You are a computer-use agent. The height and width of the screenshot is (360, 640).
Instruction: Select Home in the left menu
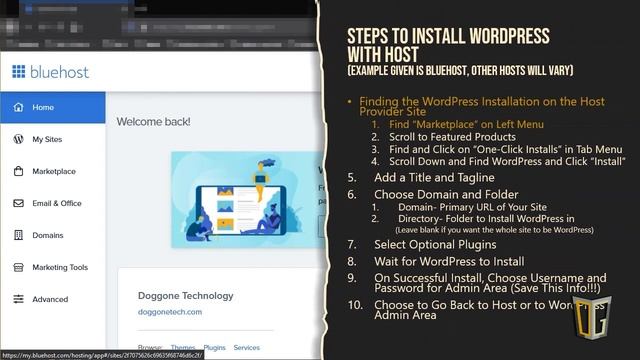pos(43,107)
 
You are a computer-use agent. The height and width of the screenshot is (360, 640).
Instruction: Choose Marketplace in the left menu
pos(54,171)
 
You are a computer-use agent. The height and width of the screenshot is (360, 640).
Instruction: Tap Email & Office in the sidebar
pos(57,203)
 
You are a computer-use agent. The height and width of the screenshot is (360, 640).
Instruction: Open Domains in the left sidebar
pos(48,235)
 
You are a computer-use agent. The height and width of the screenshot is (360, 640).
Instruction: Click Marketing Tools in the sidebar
pos(60,267)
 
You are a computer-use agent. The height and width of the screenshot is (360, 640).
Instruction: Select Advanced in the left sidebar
pos(50,299)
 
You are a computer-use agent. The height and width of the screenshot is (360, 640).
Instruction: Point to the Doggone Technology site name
pos(185,295)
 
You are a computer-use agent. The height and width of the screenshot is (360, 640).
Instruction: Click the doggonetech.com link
pos(170,312)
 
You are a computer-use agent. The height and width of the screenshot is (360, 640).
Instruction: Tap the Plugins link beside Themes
pos(214,347)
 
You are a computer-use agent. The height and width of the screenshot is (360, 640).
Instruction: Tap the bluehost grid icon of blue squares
pos(18,71)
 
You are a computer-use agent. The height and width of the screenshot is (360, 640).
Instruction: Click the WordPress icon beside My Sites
pos(18,139)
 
